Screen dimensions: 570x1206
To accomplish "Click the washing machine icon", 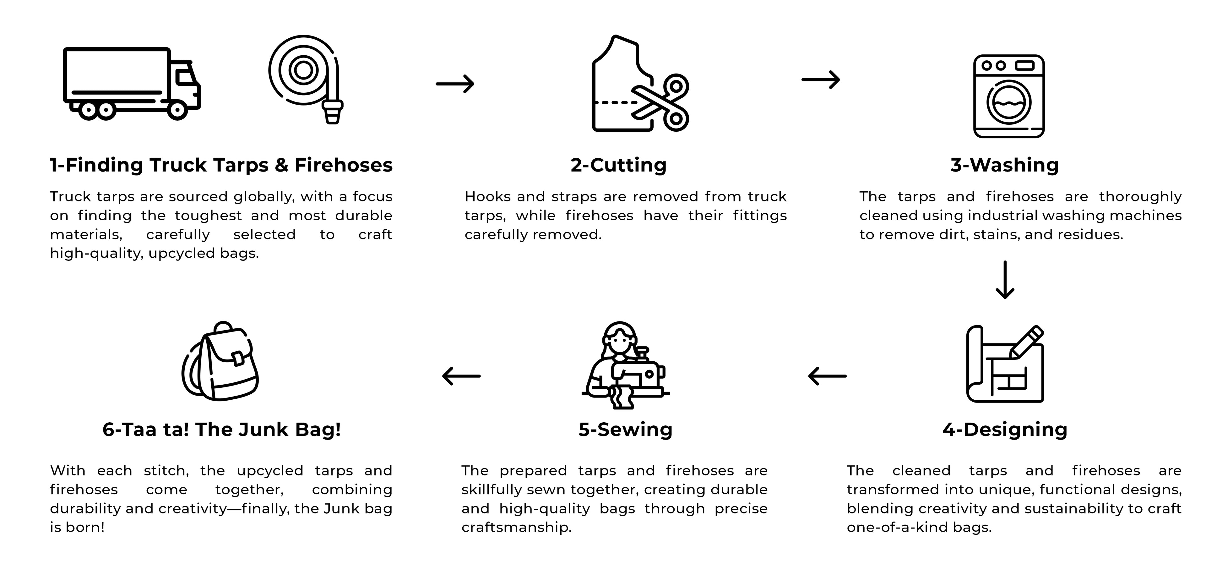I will click(1008, 96).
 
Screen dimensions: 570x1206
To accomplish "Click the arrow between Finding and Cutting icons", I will click(455, 84).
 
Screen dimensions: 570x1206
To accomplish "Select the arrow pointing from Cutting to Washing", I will click(821, 79).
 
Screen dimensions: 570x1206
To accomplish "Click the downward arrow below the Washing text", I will click(1005, 280).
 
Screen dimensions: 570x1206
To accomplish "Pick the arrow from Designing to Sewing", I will click(827, 375).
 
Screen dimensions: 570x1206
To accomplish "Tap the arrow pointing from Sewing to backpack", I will click(462, 375).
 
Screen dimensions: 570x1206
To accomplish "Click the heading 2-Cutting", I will click(618, 165).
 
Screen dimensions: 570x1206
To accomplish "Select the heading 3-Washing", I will click(1005, 165).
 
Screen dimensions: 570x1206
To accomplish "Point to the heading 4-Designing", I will click(1005, 430).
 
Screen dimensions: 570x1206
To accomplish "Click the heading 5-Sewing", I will click(626, 430).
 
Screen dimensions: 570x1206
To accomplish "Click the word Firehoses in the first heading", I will click(344, 165).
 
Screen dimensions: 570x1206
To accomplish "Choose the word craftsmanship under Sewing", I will click(516, 527).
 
